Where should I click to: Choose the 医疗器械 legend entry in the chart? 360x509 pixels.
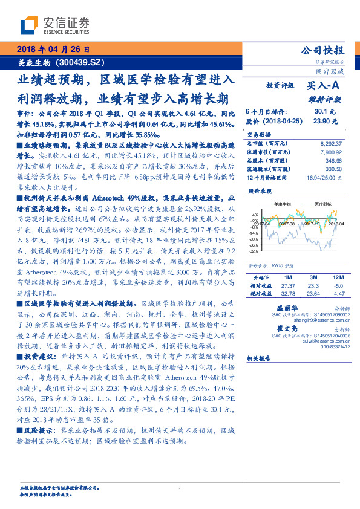[320, 204]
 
